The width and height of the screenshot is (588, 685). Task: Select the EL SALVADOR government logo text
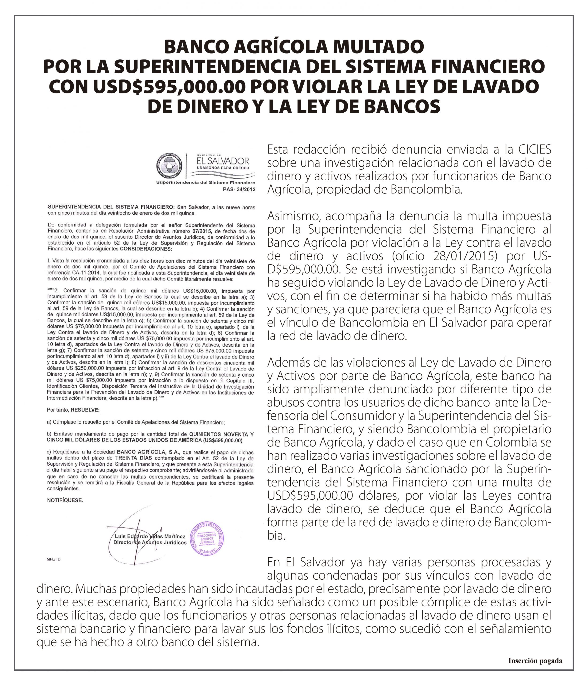pyautogui.click(x=223, y=161)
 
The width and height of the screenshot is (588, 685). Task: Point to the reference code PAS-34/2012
pyautogui.click(x=239, y=189)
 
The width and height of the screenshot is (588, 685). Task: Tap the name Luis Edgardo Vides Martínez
pyautogui.click(x=150, y=536)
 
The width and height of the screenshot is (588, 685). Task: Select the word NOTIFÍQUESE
pyautogui.click(x=65, y=500)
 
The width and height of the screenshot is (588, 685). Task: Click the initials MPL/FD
pyautogui.click(x=54, y=560)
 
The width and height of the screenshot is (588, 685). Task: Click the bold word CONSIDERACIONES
pyautogui.click(x=146, y=249)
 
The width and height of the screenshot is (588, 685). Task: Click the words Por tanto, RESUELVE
pyautogui.click(x=73, y=410)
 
